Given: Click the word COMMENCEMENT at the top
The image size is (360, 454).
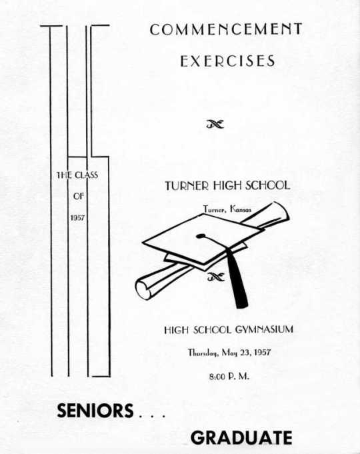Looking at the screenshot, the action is coord(226,29).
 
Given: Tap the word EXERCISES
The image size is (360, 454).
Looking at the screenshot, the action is coord(227,61).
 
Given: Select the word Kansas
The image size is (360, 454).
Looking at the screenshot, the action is coord(241,209).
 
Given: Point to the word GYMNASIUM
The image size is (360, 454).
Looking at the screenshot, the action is coord(264,329).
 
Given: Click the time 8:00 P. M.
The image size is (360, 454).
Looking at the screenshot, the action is coord(229,377).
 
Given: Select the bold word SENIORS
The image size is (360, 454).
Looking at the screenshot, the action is coord(95,411).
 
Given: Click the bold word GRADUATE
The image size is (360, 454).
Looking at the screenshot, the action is coord(241,437).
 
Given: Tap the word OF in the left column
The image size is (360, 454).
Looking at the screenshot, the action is coord(79,196).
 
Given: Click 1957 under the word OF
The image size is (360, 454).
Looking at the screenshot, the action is coord(77,217).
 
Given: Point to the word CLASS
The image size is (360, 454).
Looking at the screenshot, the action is coord(86,175).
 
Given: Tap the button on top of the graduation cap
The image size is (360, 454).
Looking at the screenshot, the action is coord(199,236).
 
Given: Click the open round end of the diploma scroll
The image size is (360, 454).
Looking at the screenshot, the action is coord(143,289).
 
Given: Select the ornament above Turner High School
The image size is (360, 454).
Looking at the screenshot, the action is coord(215,125).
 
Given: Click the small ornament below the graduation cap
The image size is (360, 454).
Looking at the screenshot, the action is coord(216,277).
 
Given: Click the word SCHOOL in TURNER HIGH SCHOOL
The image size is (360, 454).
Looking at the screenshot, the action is coord(268,185).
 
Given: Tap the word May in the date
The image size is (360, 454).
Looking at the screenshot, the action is coord(229,353).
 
